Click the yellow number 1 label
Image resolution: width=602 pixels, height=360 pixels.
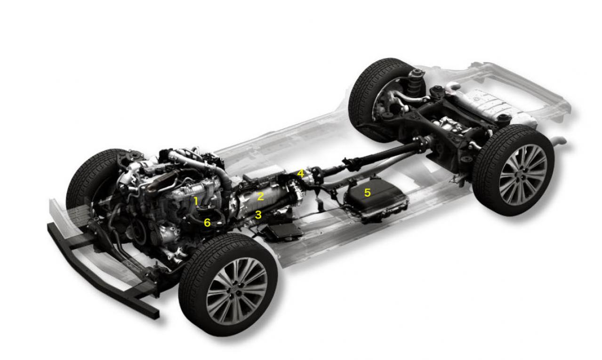pyautogui.click(x=196, y=201)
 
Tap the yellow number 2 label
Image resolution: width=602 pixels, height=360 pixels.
pyautogui.click(x=260, y=196)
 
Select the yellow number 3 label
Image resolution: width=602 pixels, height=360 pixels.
pyautogui.click(x=258, y=215)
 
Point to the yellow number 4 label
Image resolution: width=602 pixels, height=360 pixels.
pyautogui.click(x=300, y=174)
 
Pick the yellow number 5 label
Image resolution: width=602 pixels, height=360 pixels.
pyautogui.click(x=367, y=192)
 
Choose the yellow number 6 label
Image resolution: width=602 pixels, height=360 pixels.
pyautogui.click(x=207, y=223)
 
